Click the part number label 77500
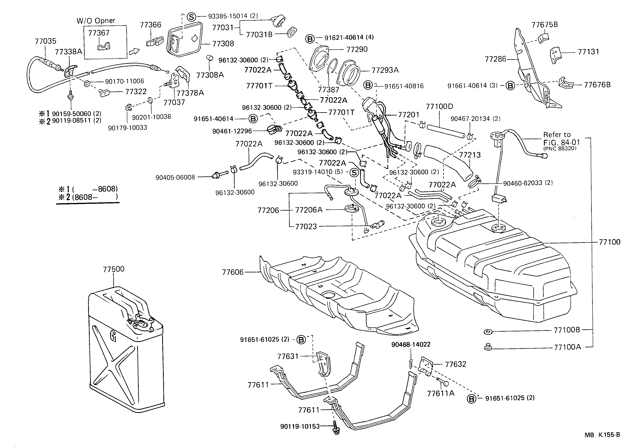coord(114,269)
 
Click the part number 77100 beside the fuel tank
coord(609,242)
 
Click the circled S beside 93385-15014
coord(191,17)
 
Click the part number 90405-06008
coord(175,177)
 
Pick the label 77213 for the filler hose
coord(469,155)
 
